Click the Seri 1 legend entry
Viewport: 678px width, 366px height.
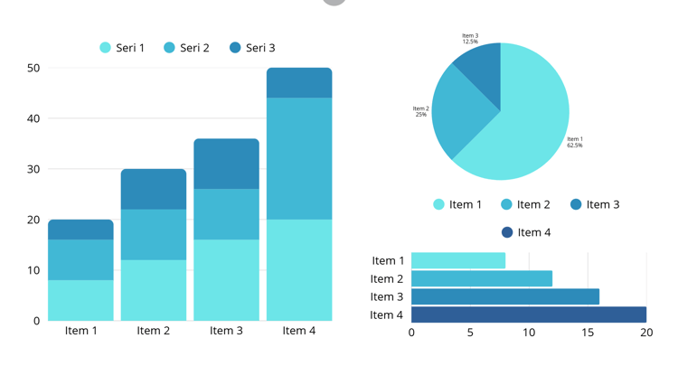[x=122, y=48]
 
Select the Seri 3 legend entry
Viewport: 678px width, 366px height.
[x=252, y=48]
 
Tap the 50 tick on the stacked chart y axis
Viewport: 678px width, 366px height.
[x=33, y=68]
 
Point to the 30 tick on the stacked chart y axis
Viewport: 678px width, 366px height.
[x=33, y=169]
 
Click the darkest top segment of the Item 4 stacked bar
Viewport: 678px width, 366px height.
[x=298, y=83]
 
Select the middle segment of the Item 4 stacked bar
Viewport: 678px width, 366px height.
[x=298, y=158]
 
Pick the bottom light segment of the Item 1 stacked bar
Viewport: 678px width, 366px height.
[x=80, y=300]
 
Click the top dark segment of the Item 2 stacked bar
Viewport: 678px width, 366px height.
[x=154, y=189]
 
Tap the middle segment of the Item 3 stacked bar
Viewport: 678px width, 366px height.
[x=226, y=214]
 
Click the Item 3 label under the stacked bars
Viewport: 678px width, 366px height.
[x=226, y=331]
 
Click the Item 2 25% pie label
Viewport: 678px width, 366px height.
[x=421, y=112]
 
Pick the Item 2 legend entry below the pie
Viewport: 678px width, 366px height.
[x=525, y=204]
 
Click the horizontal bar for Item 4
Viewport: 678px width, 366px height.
[x=528, y=314]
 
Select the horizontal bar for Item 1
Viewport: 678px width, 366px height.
[x=457, y=260]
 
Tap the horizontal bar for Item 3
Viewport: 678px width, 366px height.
[x=504, y=296]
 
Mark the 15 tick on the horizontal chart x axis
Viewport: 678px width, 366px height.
[x=588, y=332]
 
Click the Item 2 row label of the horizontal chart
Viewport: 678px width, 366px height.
[x=387, y=279]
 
